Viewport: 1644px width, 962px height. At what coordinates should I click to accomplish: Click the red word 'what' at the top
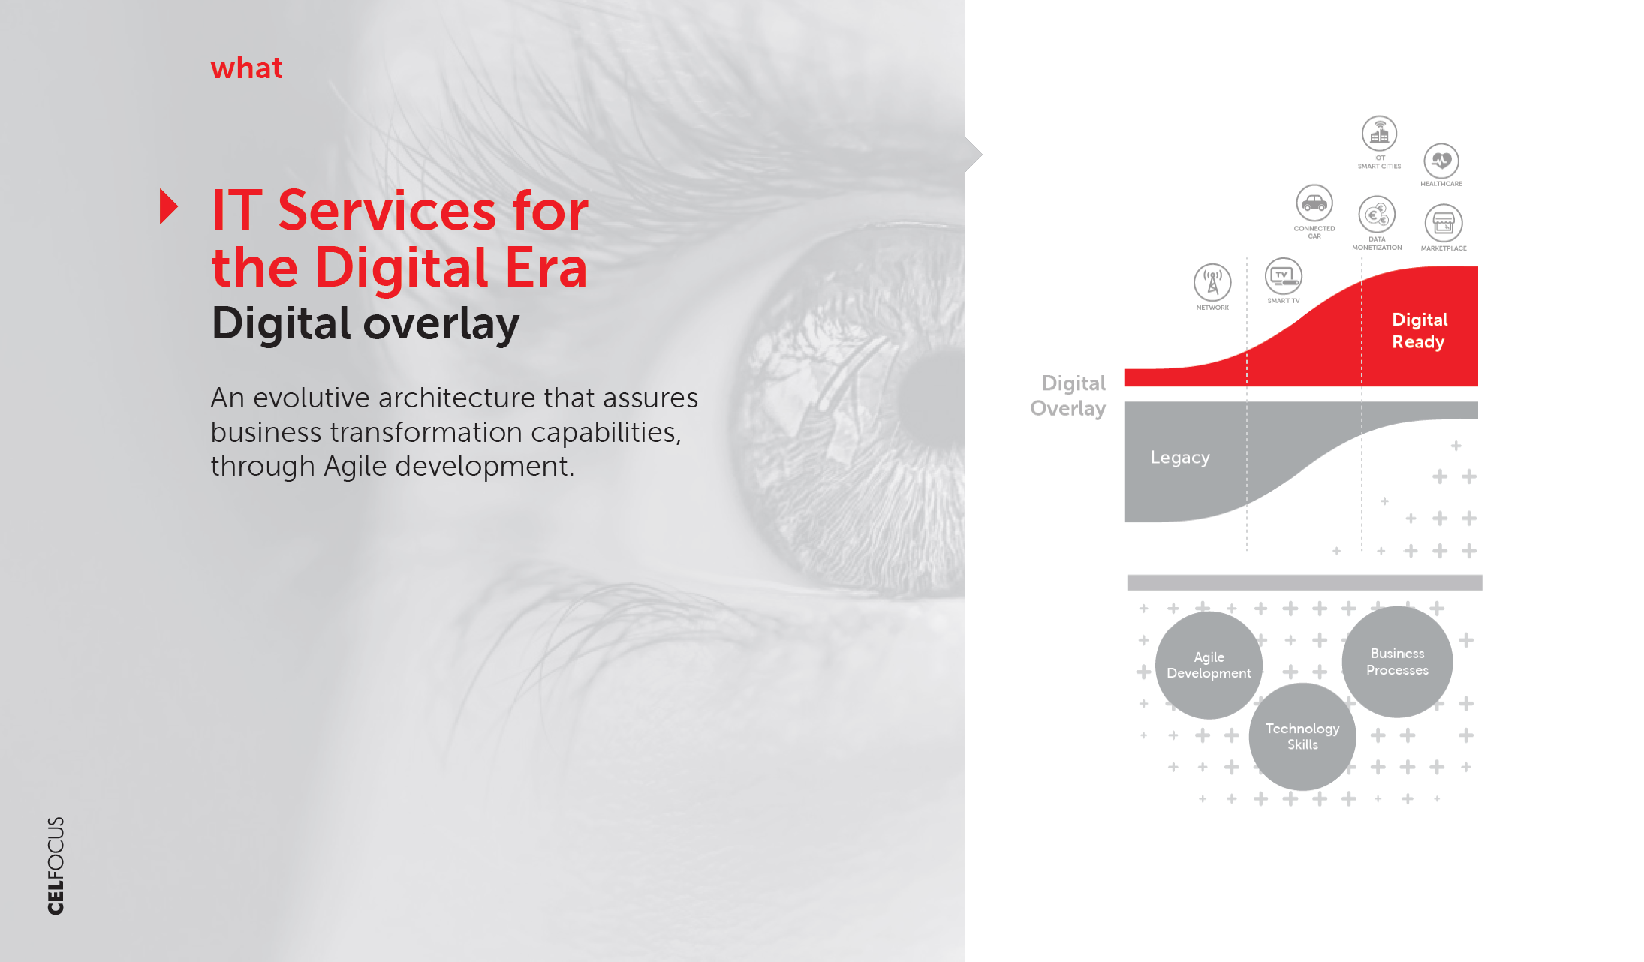coord(246,68)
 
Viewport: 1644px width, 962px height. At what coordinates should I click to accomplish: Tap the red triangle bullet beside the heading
coord(169,206)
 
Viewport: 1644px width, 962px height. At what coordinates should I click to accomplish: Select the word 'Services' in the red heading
coord(387,210)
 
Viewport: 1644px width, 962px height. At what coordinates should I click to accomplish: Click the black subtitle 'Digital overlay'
coord(366,323)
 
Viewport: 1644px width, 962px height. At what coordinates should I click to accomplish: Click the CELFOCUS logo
coord(56,865)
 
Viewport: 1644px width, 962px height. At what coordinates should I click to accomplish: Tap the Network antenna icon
coord(1212,282)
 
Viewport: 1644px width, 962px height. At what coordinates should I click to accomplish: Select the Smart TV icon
coord(1284,276)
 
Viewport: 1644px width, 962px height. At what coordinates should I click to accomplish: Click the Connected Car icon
coord(1314,203)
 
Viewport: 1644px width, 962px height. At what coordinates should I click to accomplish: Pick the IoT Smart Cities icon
coord(1380,134)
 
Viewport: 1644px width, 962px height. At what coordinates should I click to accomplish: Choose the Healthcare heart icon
coord(1441,161)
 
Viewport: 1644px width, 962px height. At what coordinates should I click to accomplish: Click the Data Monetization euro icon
coord(1377,215)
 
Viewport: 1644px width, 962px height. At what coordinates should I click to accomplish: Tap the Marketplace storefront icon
coord(1443,223)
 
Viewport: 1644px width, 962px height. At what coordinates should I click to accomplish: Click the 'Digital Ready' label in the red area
coord(1419,331)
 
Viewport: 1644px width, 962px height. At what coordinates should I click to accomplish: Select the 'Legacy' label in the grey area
coord(1180,458)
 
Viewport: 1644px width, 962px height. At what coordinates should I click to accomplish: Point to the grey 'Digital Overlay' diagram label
coord(1068,395)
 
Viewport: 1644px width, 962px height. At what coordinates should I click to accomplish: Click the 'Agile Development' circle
coord(1209,666)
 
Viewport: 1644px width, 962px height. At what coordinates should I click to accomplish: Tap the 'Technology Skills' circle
coord(1302,737)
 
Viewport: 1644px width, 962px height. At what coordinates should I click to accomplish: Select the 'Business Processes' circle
coord(1397,662)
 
